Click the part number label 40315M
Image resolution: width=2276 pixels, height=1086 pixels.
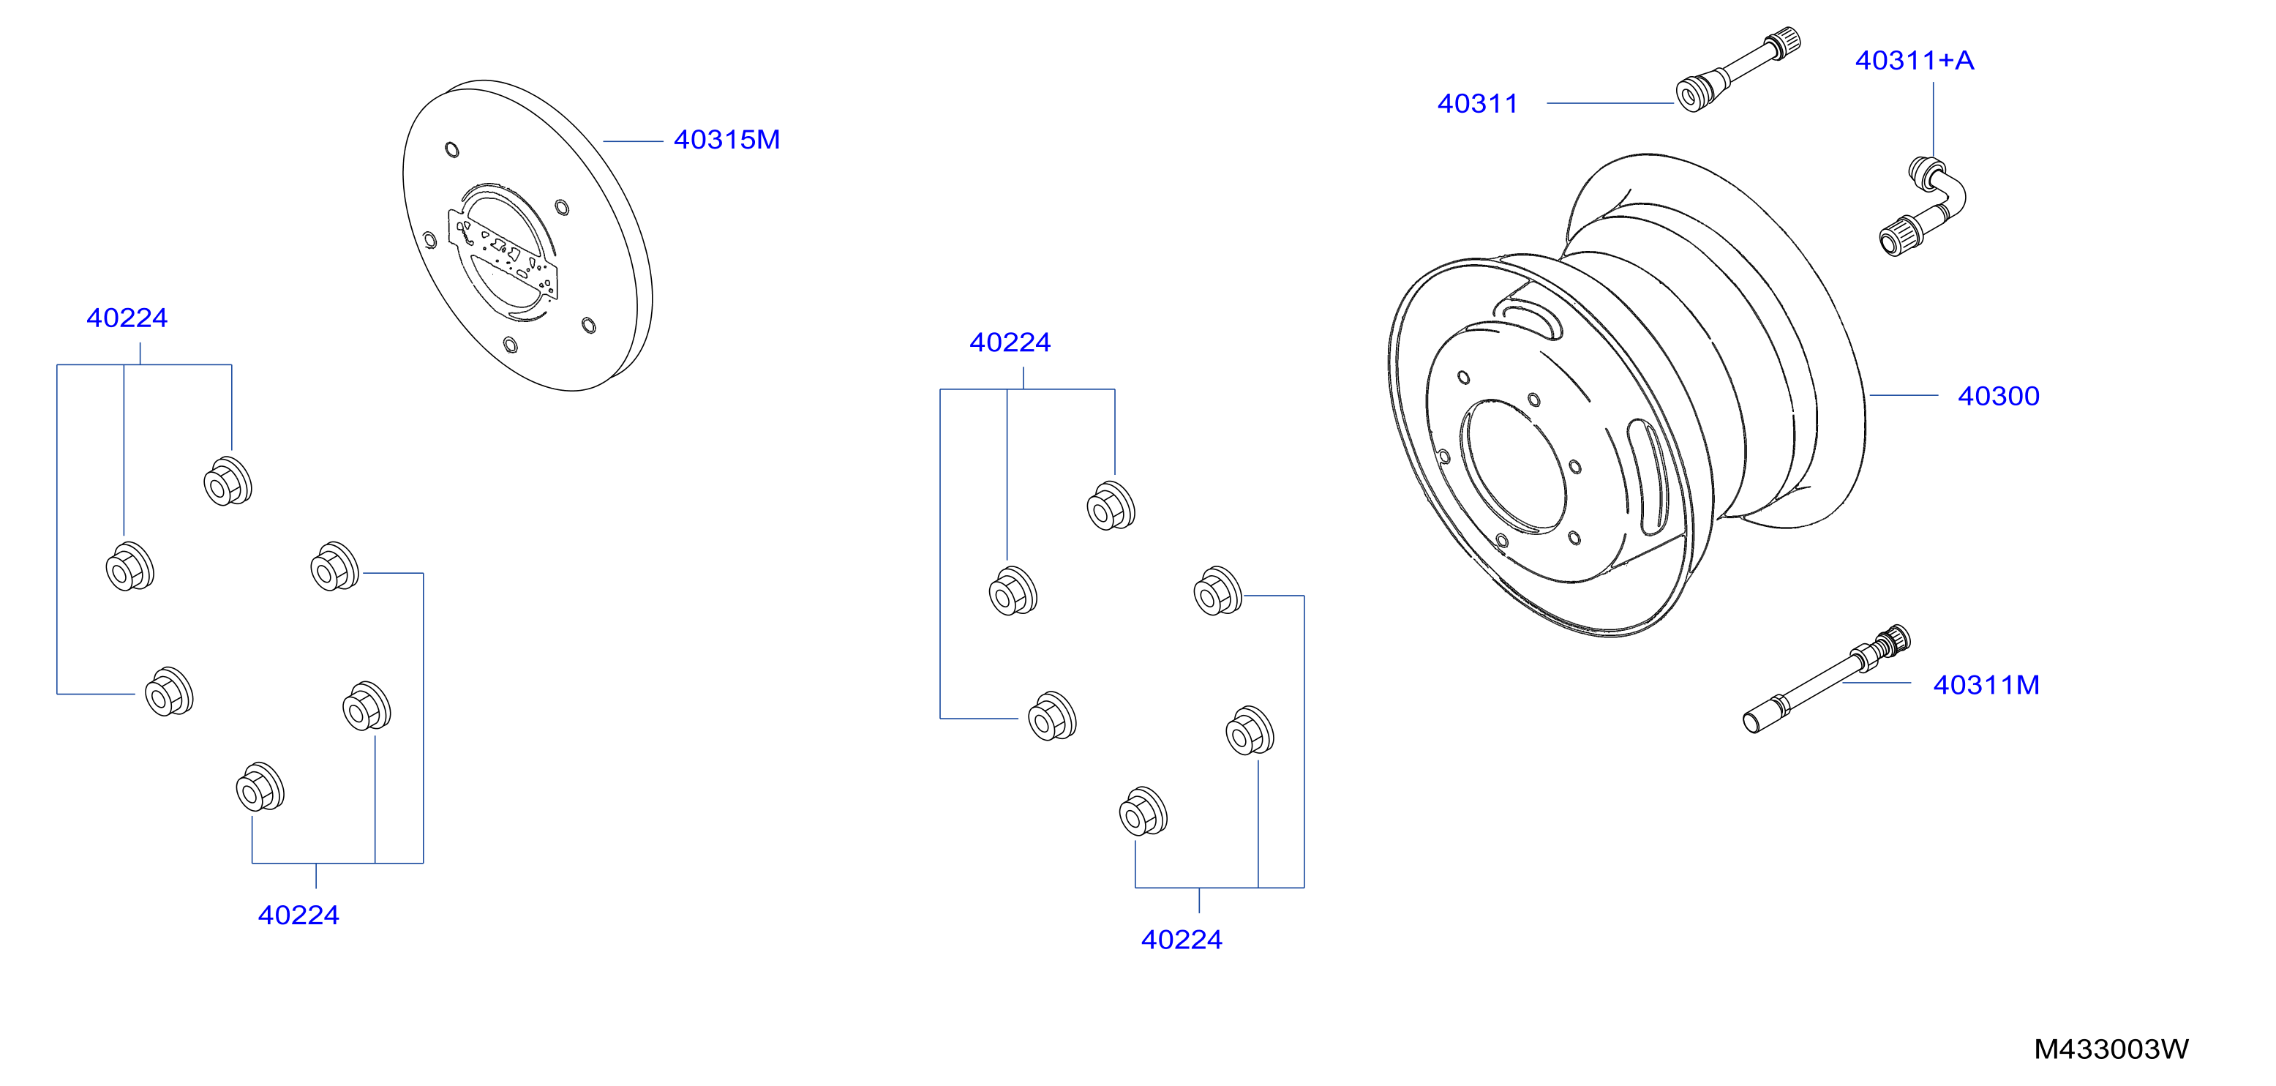(726, 140)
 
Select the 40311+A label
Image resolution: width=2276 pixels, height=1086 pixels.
(1914, 60)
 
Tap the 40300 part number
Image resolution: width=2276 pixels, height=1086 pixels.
(1999, 396)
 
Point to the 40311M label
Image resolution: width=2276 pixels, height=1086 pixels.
(1986, 685)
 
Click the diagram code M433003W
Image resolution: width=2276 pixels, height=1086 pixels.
(2111, 1049)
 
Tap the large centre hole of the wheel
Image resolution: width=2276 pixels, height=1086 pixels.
(1514, 467)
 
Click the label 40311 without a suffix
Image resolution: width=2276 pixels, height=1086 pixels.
(1477, 103)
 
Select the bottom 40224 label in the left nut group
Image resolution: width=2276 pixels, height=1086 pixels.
(298, 915)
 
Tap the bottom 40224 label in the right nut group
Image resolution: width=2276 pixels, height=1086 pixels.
(1182, 940)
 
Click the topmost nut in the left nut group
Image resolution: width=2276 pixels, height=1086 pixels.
(228, 482)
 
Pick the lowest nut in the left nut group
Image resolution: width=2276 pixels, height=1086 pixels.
(260, 787)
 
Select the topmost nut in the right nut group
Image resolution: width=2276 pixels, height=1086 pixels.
(1111, 506)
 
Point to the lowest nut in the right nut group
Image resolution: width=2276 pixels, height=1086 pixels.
(1143, 811)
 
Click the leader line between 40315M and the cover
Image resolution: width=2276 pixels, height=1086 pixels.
(633, 141)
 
